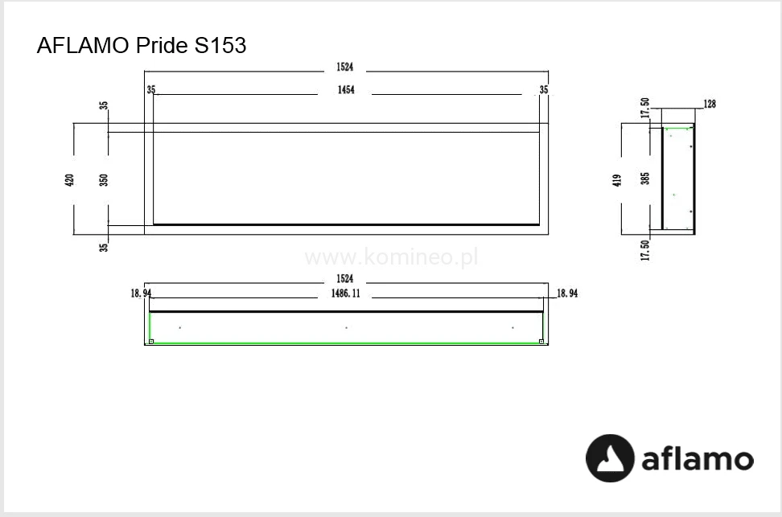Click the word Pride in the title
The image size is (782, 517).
pyautogui.click(x=162, y=45)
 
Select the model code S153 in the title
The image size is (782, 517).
pyautogui.click(x=220, y=45)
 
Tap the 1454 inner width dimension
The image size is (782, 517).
pyautogui.click(x=346, y=90)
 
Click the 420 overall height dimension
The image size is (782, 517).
pyautogui.click(x=69, y=180)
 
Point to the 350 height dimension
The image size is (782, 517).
pyautogui.click(x=103, y=180)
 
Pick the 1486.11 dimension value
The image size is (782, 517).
pyautogui.click(x=346, y=293)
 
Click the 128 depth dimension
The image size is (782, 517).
pyautogui.click(x=710, y=104)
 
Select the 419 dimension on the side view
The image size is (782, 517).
pyautogui.click(x=617, y=180)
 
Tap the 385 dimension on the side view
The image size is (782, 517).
pyautogui.click(x=645, y=178)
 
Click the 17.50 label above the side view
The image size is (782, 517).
pyautogui.click(x=645, y=108)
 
